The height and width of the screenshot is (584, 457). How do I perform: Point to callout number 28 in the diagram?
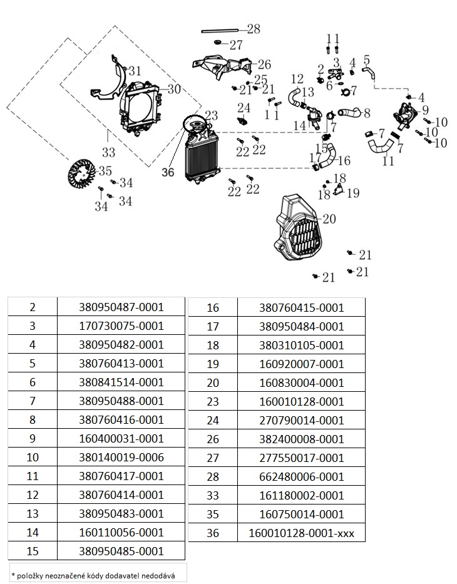(x=253, y=29)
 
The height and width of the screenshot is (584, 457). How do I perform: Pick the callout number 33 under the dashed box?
(x=108, y=152)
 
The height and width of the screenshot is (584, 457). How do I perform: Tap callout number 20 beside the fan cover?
(x=329, y=219)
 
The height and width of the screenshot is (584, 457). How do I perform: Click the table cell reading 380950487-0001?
(x=121, y=307)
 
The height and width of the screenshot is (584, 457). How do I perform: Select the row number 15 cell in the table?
(x=33, y=551)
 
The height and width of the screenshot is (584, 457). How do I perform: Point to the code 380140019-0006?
(x=121, y=458)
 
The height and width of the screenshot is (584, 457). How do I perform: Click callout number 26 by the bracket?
(x=264, y=64)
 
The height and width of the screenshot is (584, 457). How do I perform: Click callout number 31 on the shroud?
(x=135, y=71)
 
